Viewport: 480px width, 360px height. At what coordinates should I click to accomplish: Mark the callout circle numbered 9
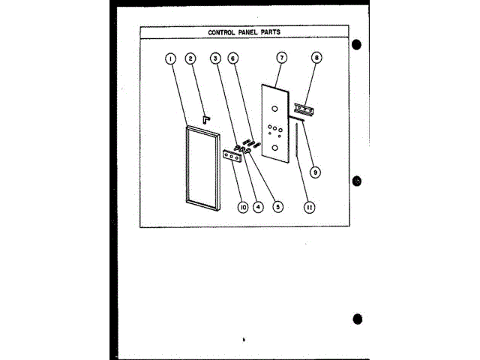[315, 172]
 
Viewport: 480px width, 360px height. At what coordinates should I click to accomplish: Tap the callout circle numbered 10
[242, 206]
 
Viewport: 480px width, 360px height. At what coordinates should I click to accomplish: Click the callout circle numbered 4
[259, 206]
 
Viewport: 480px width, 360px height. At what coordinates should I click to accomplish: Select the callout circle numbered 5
[278, 206]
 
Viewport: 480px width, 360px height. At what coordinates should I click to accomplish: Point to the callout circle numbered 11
[307, 206]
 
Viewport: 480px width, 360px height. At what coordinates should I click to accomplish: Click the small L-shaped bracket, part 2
[205, 118]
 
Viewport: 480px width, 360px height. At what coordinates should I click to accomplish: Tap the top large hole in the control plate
[275, 109]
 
